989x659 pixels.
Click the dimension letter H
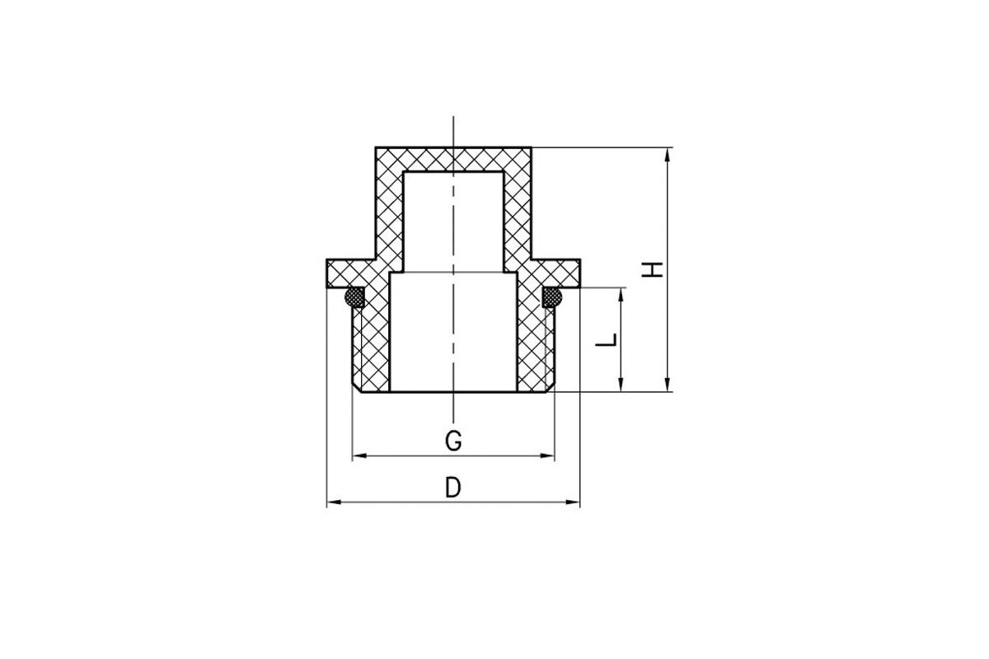652,269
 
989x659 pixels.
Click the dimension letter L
606,340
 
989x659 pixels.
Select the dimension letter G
453,441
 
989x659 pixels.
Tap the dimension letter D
453,488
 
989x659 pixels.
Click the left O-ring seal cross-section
354,297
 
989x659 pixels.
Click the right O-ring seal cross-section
552,297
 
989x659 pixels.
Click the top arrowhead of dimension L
621,295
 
